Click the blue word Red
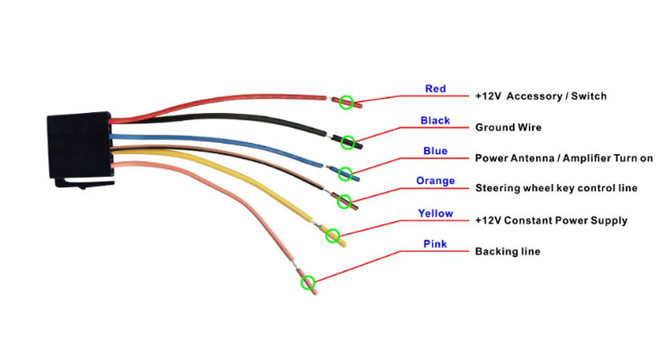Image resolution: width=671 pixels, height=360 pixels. [435, 88]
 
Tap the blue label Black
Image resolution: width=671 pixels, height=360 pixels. [435, 121]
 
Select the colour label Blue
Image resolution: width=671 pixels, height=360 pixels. [435, 151]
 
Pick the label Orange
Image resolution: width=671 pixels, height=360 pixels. [435, 181]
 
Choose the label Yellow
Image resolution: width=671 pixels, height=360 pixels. [435, 213]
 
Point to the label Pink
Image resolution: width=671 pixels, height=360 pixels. [435, 244]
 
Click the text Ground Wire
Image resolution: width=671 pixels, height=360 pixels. [508, 128]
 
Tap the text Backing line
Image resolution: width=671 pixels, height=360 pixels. [508, 251]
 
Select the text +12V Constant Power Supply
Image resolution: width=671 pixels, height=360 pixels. [551, 221]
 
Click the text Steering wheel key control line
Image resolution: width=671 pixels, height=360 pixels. [557, 189]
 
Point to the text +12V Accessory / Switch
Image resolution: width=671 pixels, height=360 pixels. [541, 96]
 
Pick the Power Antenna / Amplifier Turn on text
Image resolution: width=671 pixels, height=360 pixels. [564, 159]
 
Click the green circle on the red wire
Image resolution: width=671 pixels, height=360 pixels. [347, 103]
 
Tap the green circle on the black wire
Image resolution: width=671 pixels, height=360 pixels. [348, 143]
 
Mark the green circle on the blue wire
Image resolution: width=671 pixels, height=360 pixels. [345, 174]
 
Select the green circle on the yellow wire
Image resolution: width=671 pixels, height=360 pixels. [332, 235]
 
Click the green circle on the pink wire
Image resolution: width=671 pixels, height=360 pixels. [308, 283]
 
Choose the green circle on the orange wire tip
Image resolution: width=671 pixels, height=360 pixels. [344, 201]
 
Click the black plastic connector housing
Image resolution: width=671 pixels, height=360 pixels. [79, 145]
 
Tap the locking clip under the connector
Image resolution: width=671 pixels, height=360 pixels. [84, 183]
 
